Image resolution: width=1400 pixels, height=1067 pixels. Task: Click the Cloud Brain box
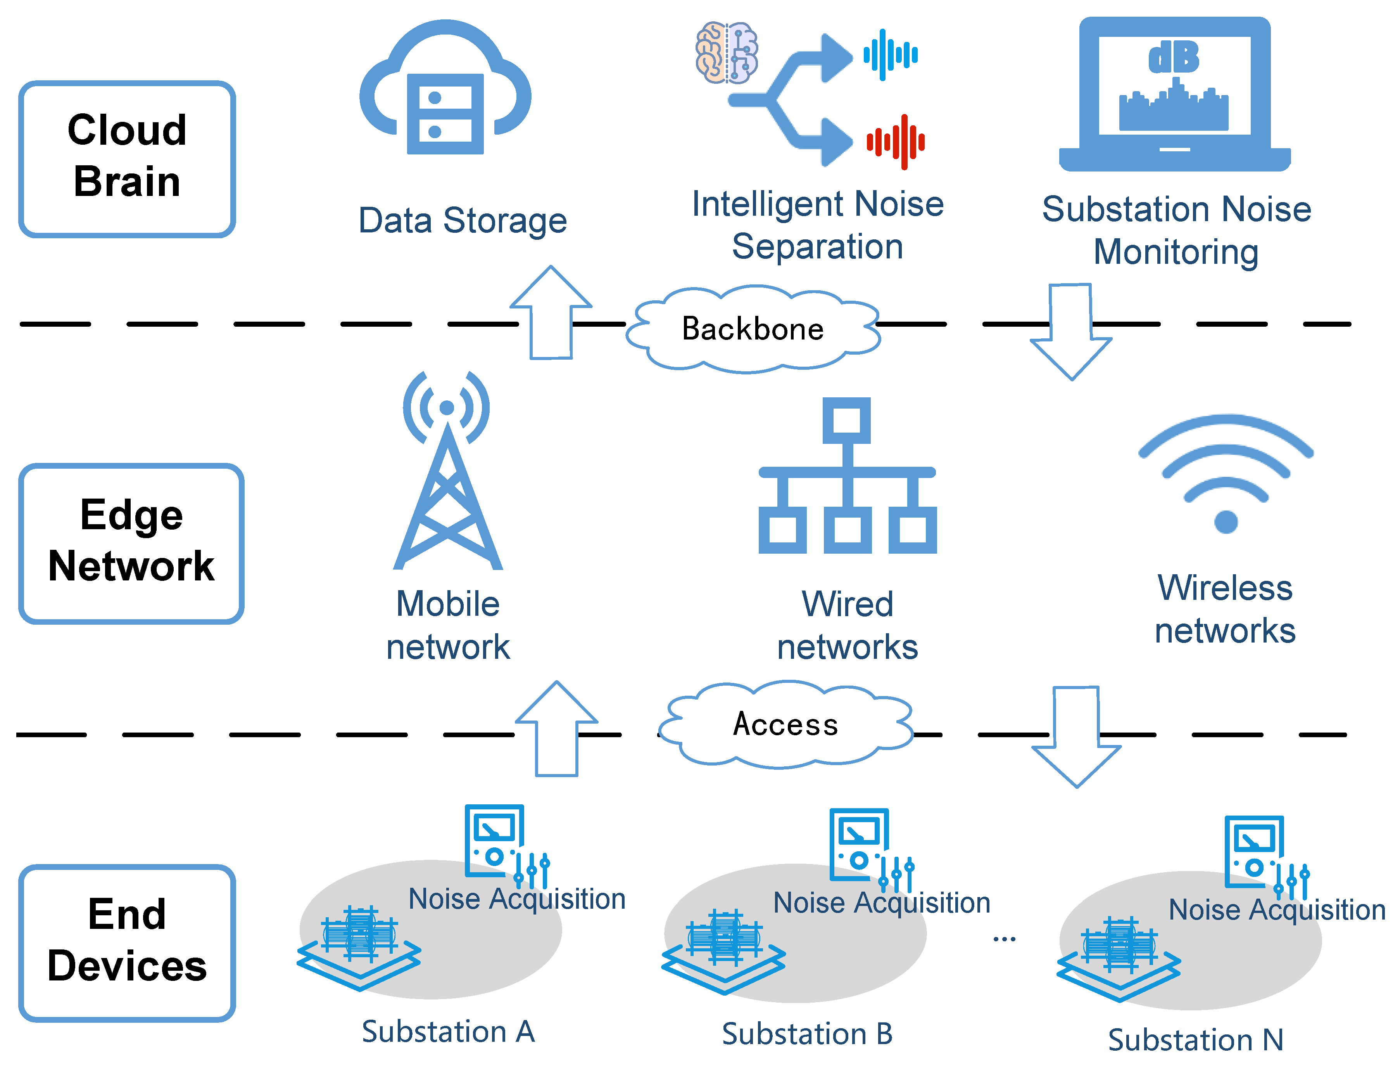(127, 159)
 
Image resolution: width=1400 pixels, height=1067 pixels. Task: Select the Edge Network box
(131, 543)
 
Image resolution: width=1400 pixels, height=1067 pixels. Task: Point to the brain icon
(727, 54)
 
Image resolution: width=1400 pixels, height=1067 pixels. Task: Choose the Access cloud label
(785, 724)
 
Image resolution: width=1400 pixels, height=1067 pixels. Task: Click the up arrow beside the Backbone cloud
(551, 314)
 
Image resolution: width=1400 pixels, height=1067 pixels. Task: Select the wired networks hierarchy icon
(847, 476)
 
